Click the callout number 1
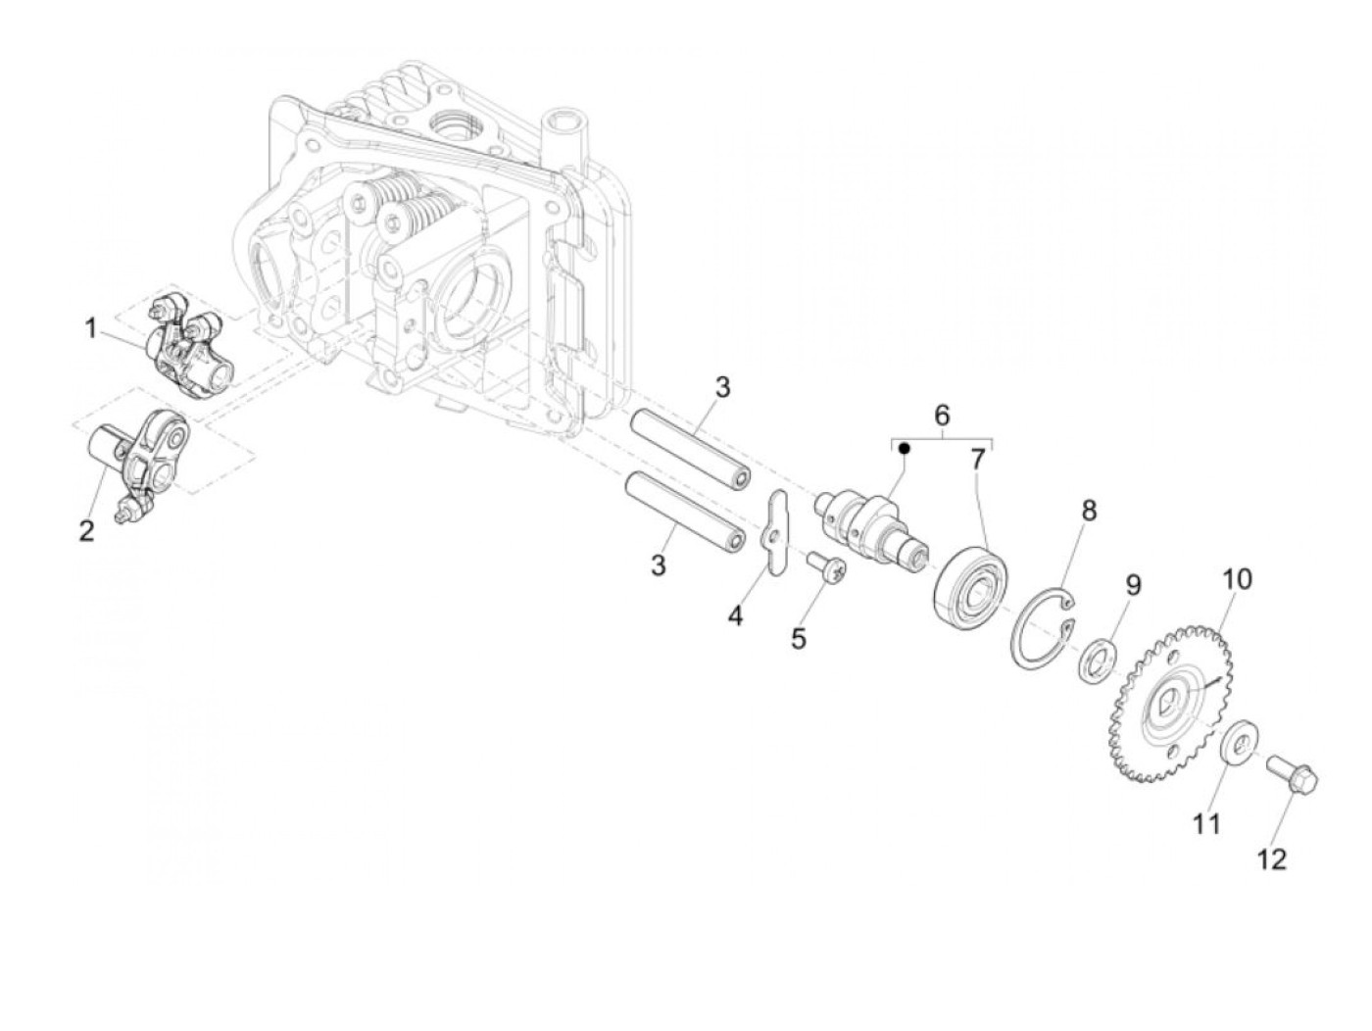[90, 328]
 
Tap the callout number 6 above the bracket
[942, 415]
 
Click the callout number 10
[1237, 578]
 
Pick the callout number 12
[1271, 859]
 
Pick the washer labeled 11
[1242, 743]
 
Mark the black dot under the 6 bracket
[905, 449]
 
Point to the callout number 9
[1132, 586]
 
